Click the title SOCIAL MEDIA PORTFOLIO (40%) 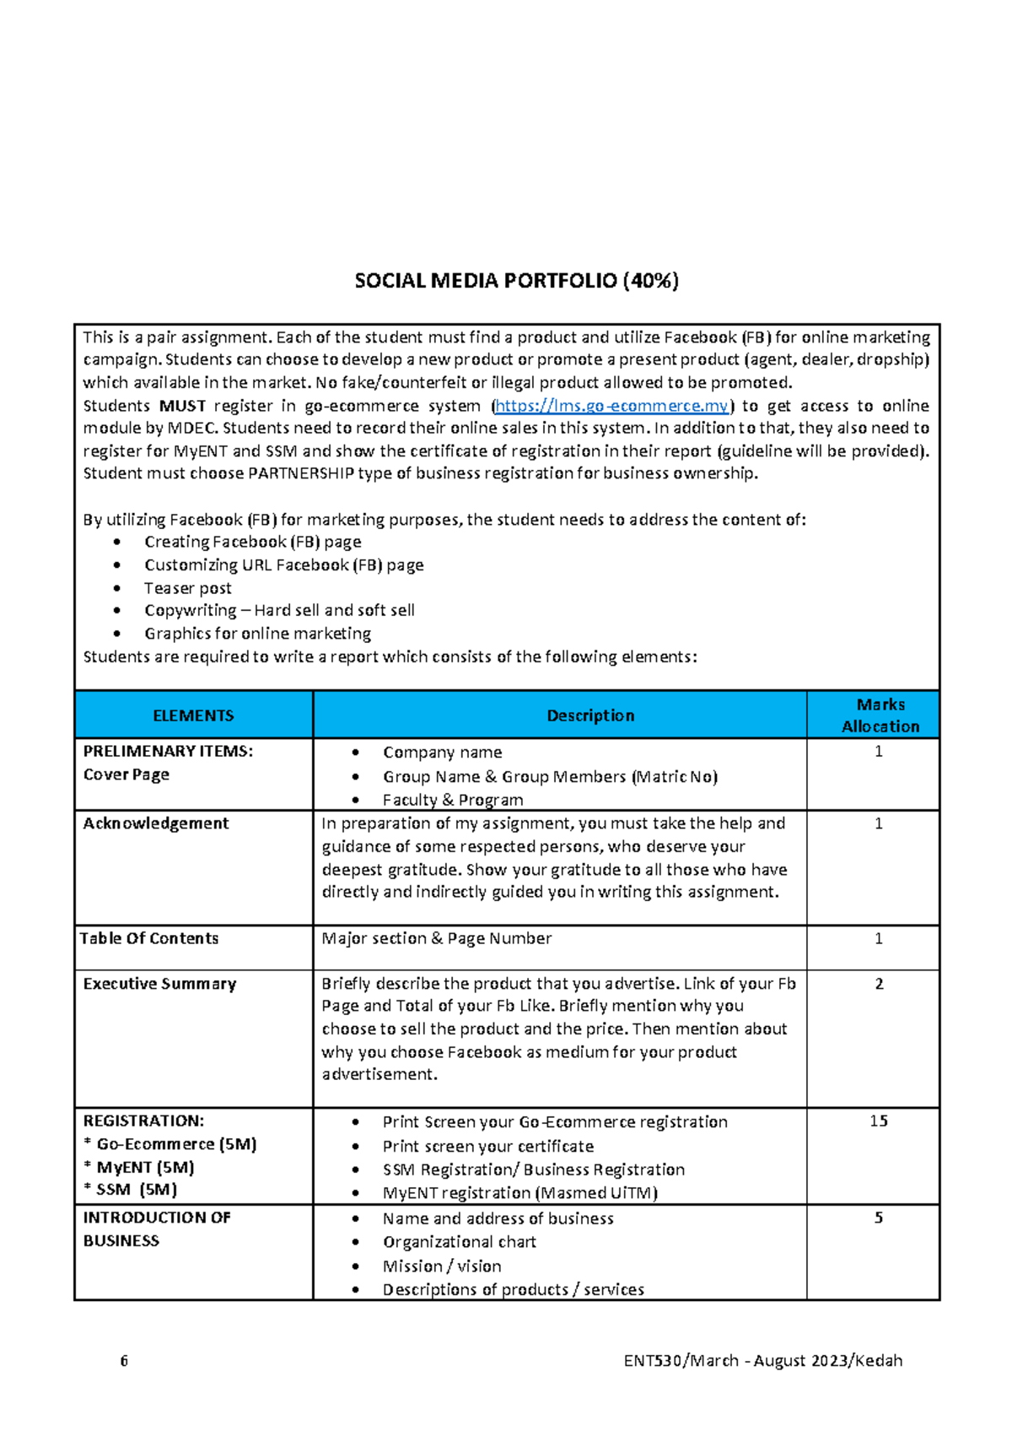click(516, 281)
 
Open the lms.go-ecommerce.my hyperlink click(611, 406)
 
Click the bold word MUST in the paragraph click(182, 406)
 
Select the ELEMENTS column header click(193, 715)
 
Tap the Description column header click(590, 715)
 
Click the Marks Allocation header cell click(880, 715)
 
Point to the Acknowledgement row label click(156, 823)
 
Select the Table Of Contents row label click(149, 938)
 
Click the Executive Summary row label click(159, 984)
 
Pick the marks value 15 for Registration click(879, 1121)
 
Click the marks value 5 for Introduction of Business click(879, 1218)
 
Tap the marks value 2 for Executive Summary click(879, 984)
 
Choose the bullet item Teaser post click(187, 588)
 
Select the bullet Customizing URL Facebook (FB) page click(283, 565)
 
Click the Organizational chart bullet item click(459, 1242)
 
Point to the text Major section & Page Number click(436, 938)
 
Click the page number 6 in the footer click(124, 1360)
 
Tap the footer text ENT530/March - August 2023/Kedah click(763, 1360)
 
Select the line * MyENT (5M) click(139, 1168)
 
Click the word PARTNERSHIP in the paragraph click(301, 473)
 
